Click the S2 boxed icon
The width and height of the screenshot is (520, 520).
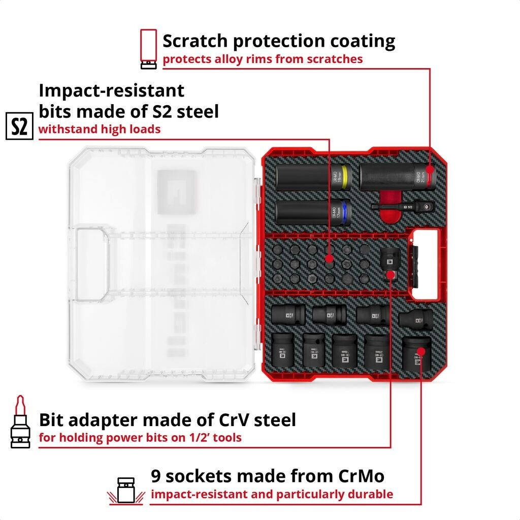(x=19, y=127)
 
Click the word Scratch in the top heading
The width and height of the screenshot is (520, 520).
(x=200, y=41)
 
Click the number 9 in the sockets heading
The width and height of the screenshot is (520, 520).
(x=156, y=476)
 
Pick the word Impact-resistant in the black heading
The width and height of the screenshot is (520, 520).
(x=112, y=90)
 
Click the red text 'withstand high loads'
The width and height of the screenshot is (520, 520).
(x=100, y=129)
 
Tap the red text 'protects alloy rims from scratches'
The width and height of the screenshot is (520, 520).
(x=263, y=59)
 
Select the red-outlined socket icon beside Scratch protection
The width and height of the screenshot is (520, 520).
(x=148, y=48)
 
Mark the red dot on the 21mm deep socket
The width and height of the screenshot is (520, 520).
(x=430, y=171)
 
